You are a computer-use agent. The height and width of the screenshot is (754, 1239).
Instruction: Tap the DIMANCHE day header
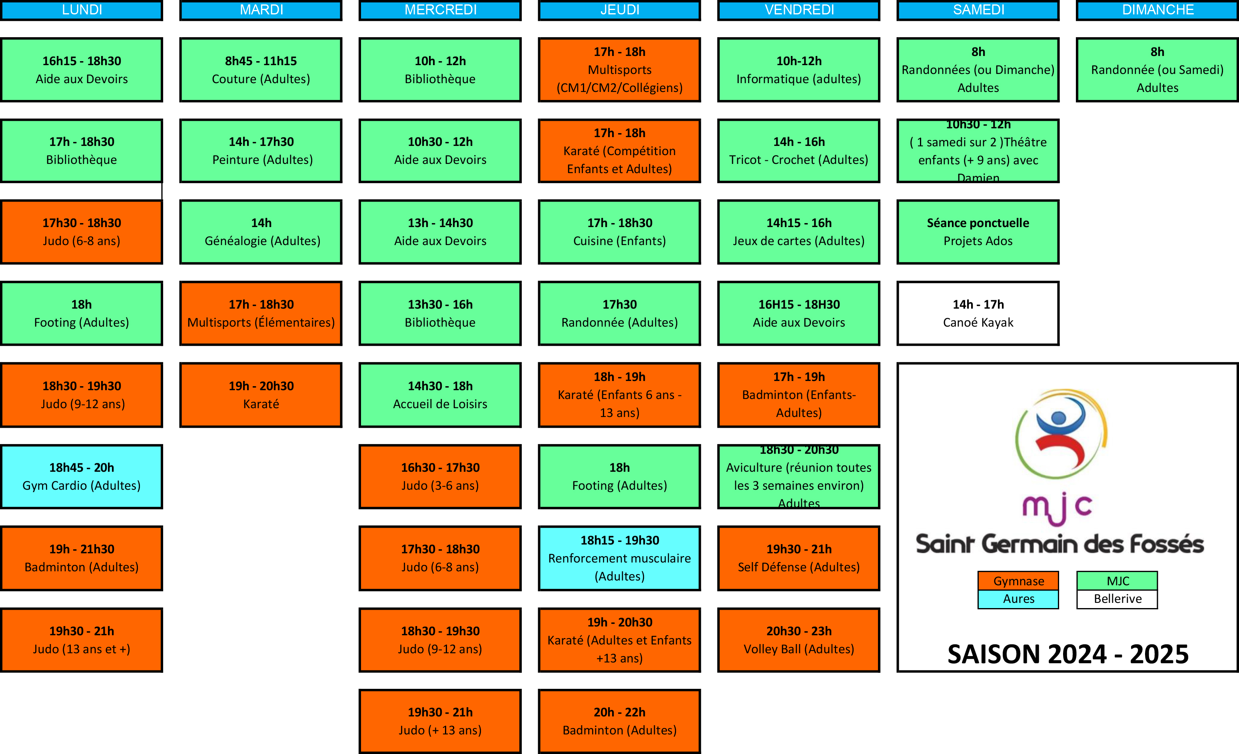1157,10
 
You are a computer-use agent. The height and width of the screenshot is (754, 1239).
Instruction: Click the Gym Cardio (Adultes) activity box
82,477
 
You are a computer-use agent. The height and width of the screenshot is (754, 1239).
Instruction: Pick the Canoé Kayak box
978,313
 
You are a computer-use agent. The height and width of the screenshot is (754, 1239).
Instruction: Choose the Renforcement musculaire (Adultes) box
620,558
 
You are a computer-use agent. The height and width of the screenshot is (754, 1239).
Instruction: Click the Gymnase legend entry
1018,580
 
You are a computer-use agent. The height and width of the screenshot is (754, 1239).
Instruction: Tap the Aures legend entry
1018,598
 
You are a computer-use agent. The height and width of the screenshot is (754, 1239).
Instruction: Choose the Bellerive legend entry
1117,598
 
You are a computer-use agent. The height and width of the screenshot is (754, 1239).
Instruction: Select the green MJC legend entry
1117,580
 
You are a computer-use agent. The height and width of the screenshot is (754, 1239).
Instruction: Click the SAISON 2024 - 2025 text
1067,654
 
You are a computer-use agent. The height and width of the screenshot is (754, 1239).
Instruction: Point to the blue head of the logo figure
1058,417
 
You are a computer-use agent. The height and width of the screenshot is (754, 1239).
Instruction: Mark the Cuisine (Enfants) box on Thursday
620,232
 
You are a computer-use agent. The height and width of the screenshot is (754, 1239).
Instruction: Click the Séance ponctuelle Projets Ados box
978,232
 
